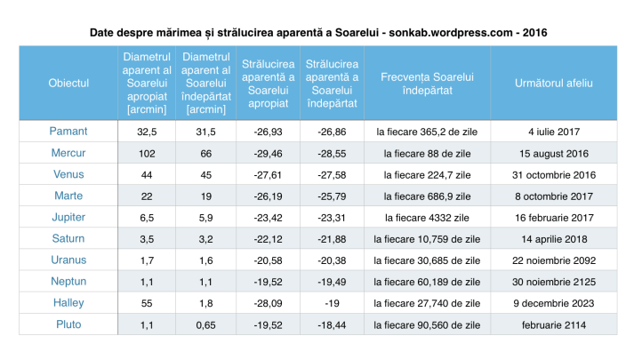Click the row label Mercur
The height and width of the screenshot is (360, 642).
pyautogui.click(x=68, y=153)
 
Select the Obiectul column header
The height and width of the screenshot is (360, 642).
pyautogui.click(x=68, y=83)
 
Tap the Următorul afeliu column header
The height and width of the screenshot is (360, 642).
pyautogui.click(x=553, y=83)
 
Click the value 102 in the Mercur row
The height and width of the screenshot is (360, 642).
pyautogui.click(x=146, y=153)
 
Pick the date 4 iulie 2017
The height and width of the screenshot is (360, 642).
pyautogui.click(x=553, y=132)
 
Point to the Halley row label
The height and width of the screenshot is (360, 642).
pyautogui.click(x=68, y=303)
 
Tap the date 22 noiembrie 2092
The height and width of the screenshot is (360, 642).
pyautogui.click(x=553, y=260)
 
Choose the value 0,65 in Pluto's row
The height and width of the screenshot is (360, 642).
pyautogui.click(x=206, y=324)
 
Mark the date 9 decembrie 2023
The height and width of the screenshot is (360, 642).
pyautogui.click(x=553, y=303)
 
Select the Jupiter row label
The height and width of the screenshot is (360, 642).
pyautogui.click(x=68, y=217)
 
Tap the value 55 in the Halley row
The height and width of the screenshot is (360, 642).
pyautogui.click(x=146, y=303)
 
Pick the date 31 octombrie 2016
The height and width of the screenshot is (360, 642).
pyautogui.click(x=553, y=174)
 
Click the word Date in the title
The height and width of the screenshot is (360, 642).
pyautogui.click(x=103, y=32)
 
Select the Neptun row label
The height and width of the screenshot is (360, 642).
pyautogui.click(x=68, y=282)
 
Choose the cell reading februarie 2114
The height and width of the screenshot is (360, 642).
pyautogui.click(x=553, y=324)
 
